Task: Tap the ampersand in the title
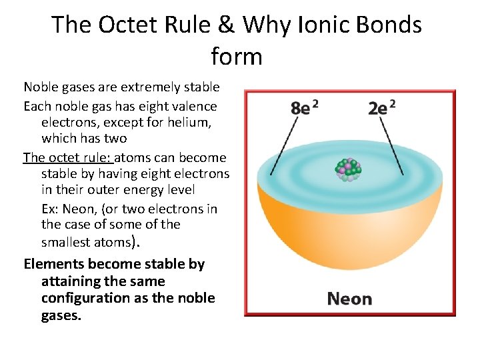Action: tap(225, 25)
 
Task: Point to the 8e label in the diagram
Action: tap(305, 107)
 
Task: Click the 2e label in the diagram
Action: tap(381, 107)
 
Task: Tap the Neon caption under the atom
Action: tap(349, 299)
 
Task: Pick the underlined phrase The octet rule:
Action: tap(69, 157)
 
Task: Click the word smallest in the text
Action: tap(67, 241)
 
